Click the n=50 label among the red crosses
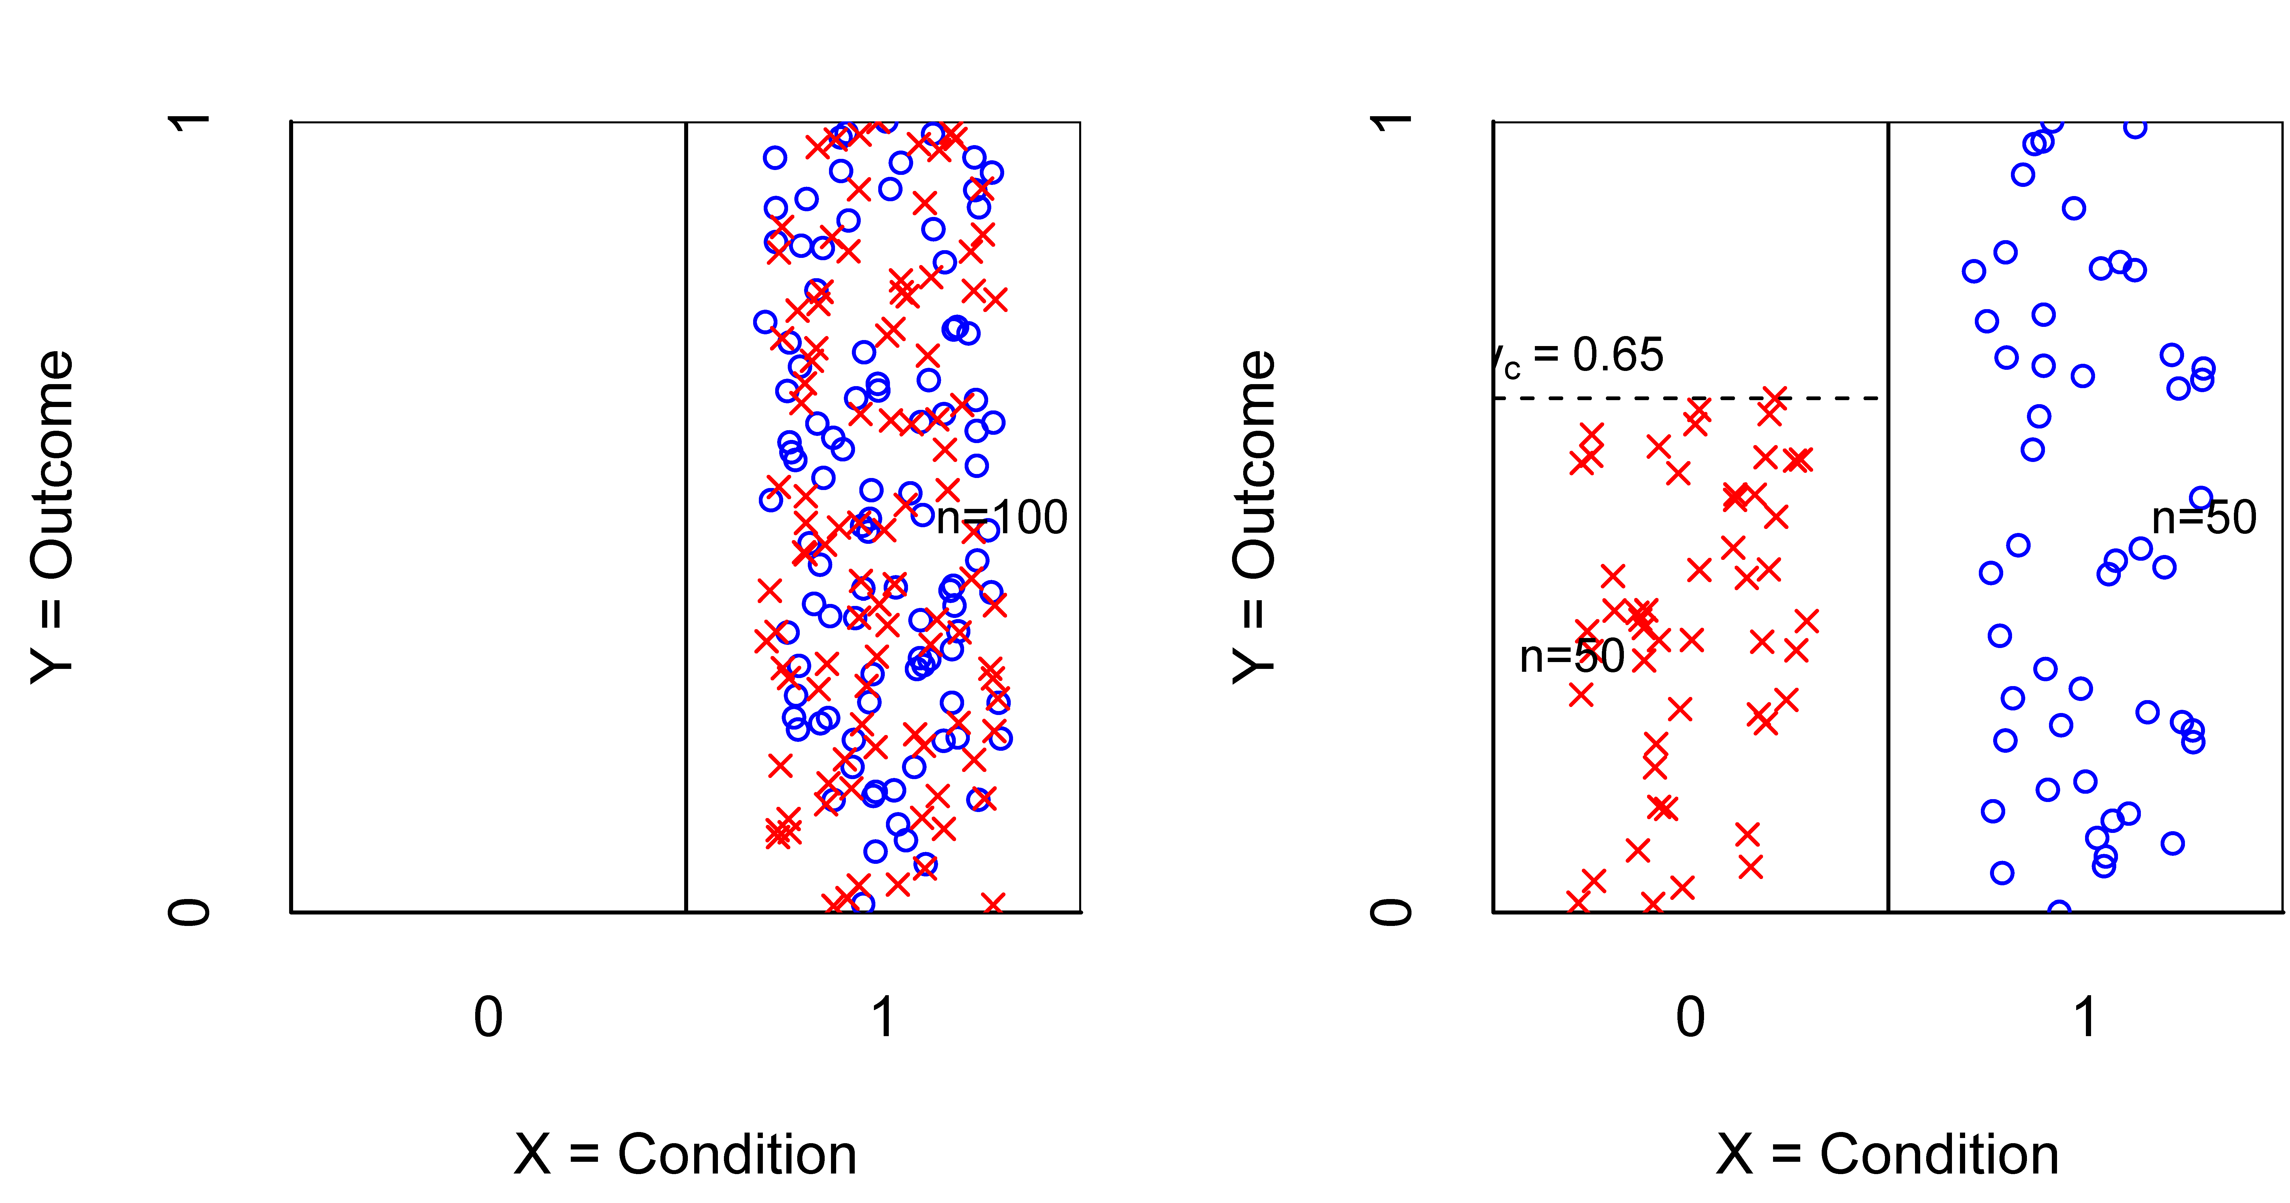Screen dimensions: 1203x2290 [x=1572, y=657]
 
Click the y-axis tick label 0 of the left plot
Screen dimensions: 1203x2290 [x=189, y=912]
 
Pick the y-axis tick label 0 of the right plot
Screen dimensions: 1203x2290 [x=1391, y=912]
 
